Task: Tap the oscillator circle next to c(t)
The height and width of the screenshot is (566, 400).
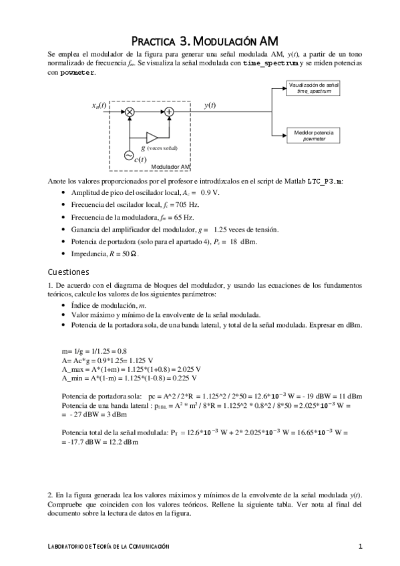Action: (128, 155)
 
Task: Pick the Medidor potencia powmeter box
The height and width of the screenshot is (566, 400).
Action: (313, 135)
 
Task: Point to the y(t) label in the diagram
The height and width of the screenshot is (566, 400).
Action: (210, 105)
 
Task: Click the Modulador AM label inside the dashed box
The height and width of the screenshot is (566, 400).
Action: (171, 166)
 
